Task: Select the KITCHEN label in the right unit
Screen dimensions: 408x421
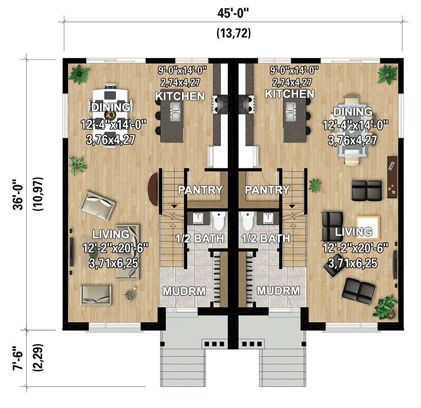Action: click(290, 94)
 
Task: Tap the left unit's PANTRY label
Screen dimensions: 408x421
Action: click(200, 190)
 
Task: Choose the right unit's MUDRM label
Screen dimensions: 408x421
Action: click(276, 291)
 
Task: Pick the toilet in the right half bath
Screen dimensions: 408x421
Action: click(248, 221)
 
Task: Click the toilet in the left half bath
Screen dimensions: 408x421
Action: click(219, 221)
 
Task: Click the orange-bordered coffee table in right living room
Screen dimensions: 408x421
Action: click(367, 227)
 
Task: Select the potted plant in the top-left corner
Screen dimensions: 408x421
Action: click(79, 74)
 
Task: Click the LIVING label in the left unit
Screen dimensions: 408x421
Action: click(111, 234)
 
